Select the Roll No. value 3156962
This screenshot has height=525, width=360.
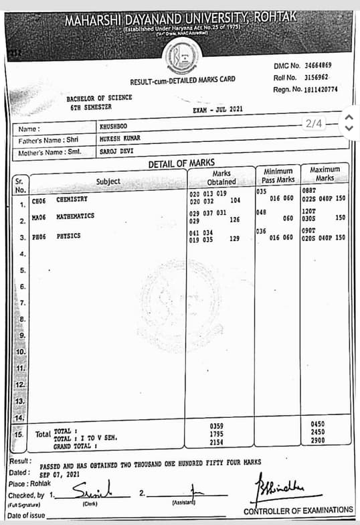[312, 77]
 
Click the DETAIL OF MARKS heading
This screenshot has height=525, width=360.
[181, 163]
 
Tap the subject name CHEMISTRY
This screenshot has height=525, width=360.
[72, 200]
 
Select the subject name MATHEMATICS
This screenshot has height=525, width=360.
[75, 216]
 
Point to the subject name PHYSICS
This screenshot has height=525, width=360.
[68, 236]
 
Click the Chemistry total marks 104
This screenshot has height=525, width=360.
[236, 200]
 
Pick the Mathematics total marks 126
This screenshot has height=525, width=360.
[236, 220]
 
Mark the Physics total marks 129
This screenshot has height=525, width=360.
[235, 238]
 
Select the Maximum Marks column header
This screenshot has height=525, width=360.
[325, 173]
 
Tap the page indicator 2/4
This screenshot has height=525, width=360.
[314, 123]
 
